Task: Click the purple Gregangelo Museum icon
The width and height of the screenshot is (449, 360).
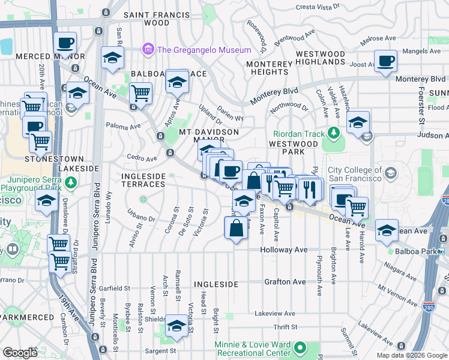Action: [x=147, y=49]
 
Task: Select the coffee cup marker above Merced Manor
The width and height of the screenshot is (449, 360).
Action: [x=65, y=43]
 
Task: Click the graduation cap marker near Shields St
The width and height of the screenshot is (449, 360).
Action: [x=176, y=325]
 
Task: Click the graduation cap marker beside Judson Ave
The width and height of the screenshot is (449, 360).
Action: [x=358, y=123]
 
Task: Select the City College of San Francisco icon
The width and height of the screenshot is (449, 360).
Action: [x=391, y=173]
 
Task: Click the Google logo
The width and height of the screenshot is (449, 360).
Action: [x=19, y=352]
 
